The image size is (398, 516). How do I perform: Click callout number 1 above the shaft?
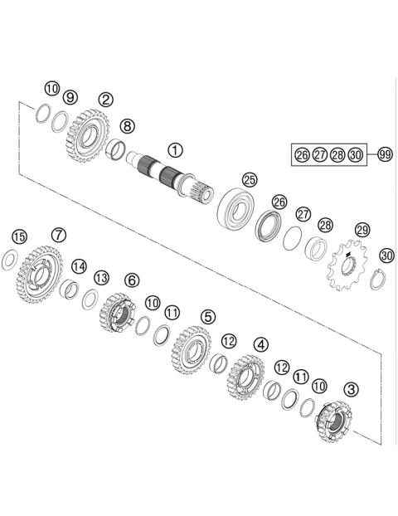[175, 150]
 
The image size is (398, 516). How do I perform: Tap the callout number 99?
[384, 154]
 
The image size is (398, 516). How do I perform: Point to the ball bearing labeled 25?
[236, 206]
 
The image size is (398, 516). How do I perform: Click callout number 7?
[57, 235]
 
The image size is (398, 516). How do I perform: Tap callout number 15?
[19, 236]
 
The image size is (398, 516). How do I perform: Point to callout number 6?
[132, 280]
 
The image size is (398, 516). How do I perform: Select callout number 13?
[101, 277]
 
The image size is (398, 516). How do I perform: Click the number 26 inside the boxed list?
[302, 154]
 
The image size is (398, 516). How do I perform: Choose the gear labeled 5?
[191, 348]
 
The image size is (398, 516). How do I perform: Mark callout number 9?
[70, 98]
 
